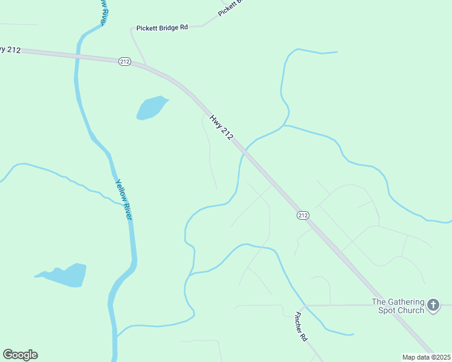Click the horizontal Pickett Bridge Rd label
(x=163, y=27)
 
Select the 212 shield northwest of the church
(x=303, y=215)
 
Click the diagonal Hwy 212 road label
(x=221, y=128)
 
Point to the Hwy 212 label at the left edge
(x=11, y=49)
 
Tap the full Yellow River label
(x=123, y=198)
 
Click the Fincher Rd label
(x=300, y=327)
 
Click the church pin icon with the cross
(x=433, y=305)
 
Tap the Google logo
(x=20, y=355)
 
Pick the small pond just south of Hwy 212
(x=151, y=107)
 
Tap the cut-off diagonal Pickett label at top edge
(x=230, y=8)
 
